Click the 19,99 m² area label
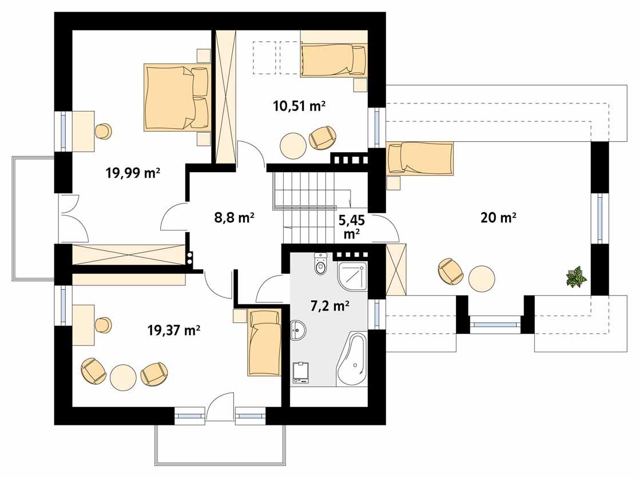[x=132, y=173]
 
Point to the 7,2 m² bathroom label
[x=330, y=306]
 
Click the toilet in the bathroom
[x=320, y=265]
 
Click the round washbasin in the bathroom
[x=298, y=329]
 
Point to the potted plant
[x=576, y=277]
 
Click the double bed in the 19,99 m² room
[x=176, y=97]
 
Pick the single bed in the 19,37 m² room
[x=264, y=342]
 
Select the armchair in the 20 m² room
[x=451, y=271]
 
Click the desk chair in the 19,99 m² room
[x=103, y=131]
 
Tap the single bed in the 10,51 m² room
[x=334, y=61]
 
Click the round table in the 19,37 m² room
[x=123, y=377]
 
